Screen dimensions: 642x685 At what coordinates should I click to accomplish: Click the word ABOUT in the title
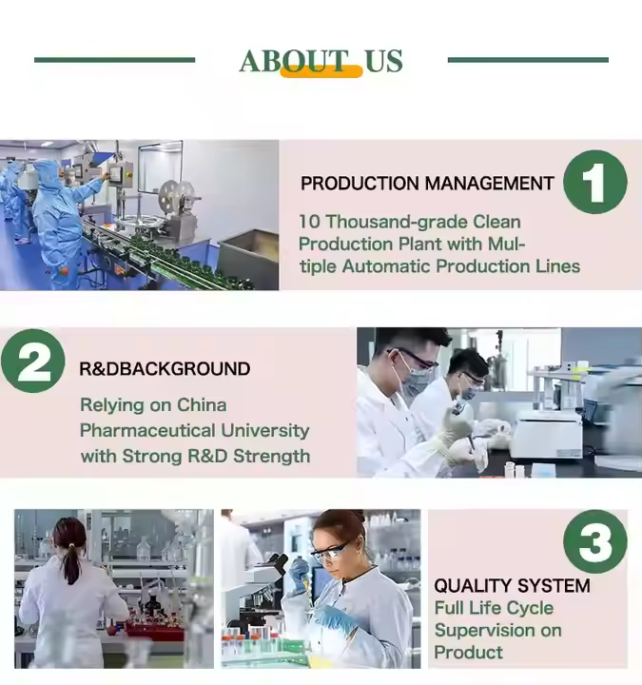(x=294, y=60)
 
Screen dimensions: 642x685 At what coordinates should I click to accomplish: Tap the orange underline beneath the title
(x=321, y=71)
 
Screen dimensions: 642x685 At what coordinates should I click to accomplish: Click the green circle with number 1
(x=595, y=182)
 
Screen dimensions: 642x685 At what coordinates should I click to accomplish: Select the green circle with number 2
(x=33, y=361)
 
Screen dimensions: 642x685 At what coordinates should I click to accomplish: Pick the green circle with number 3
(x=595, y=541)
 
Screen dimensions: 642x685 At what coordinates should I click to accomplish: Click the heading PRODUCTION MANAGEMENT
(x=427, y=184)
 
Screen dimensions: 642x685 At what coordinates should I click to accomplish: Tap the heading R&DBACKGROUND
(x=165, y=369)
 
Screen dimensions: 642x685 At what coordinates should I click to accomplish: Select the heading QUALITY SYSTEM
(x=512, y=586)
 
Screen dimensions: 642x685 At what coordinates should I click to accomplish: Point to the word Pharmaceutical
(x=147, y=431)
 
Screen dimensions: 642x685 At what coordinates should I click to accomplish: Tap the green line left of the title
(x=114, y=60)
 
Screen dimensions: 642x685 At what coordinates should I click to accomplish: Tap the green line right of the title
(x=528, y=60)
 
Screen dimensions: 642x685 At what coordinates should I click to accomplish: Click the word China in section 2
(x=202, y=405)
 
